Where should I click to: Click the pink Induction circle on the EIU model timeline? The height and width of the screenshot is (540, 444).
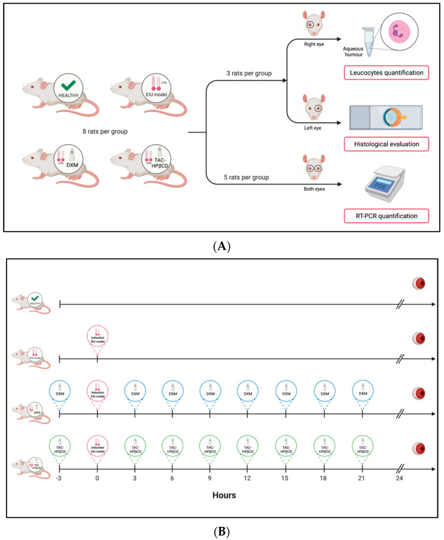(x=98, y=338)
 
